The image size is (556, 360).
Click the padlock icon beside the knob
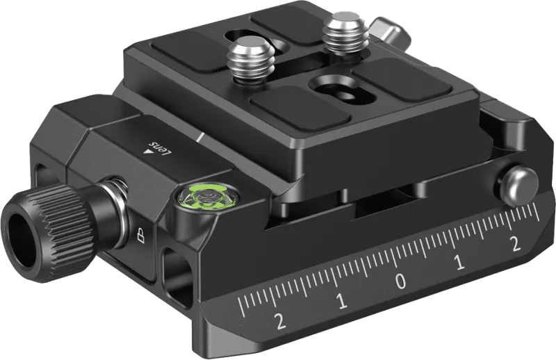[141, 236]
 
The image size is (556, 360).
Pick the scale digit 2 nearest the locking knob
[281, 322]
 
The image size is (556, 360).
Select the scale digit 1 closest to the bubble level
[342, 301]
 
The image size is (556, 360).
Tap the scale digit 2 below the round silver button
[515, 244]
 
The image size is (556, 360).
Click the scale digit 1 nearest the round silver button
[459, 263]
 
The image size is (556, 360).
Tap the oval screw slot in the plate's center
[342, 90]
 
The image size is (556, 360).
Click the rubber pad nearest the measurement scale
[300, 108]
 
